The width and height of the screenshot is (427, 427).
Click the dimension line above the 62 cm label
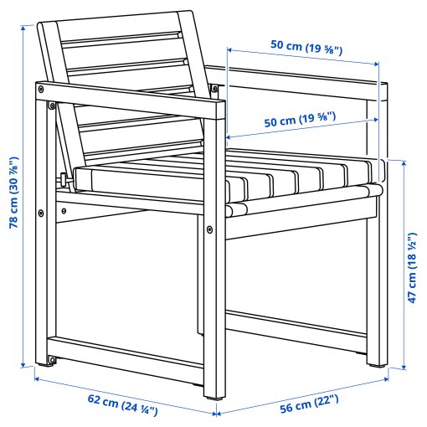pyautogui.click(x=126, y=394)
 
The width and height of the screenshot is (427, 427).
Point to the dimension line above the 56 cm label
pyautogui.click(x=306, y=391)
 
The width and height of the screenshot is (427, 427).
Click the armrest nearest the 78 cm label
pyautogui.click(x=126, y=95)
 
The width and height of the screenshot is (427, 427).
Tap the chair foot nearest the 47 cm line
pyautogui.click(x=375, y=363)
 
